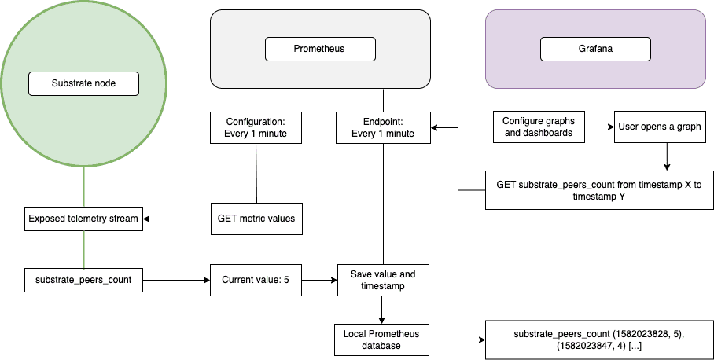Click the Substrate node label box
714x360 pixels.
83,83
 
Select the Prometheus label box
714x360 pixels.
319,49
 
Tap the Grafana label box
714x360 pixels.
594,49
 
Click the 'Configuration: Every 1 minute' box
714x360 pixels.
256,127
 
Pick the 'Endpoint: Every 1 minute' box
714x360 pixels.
382,127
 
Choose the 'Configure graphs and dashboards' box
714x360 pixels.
538,127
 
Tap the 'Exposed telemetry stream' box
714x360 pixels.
84,218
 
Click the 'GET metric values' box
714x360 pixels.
256,218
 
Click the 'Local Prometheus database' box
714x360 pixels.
382,340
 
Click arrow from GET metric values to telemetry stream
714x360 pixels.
177,218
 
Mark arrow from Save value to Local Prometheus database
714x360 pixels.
382,310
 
